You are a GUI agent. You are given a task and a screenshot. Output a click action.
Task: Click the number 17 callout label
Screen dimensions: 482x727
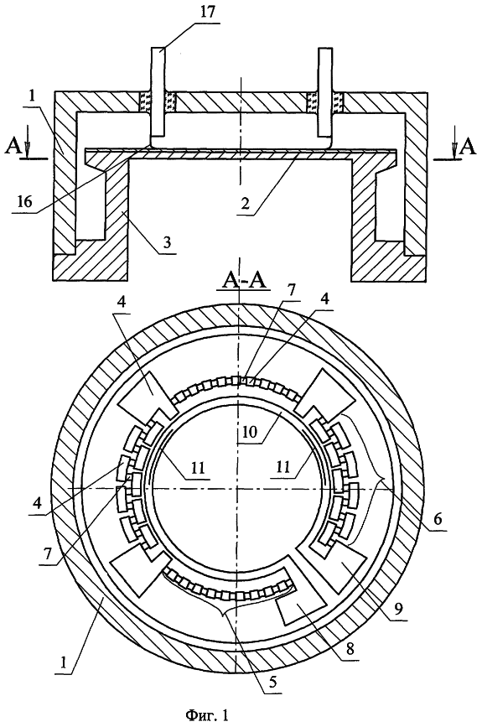click(x=209, y=11)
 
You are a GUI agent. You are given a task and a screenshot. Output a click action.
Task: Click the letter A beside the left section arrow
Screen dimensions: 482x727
click(x=13, y=148)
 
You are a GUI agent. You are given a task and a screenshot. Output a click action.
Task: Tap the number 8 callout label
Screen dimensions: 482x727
click(x=350, y=648)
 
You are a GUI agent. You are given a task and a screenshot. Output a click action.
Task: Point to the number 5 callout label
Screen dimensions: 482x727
click(x=273, y=683)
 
